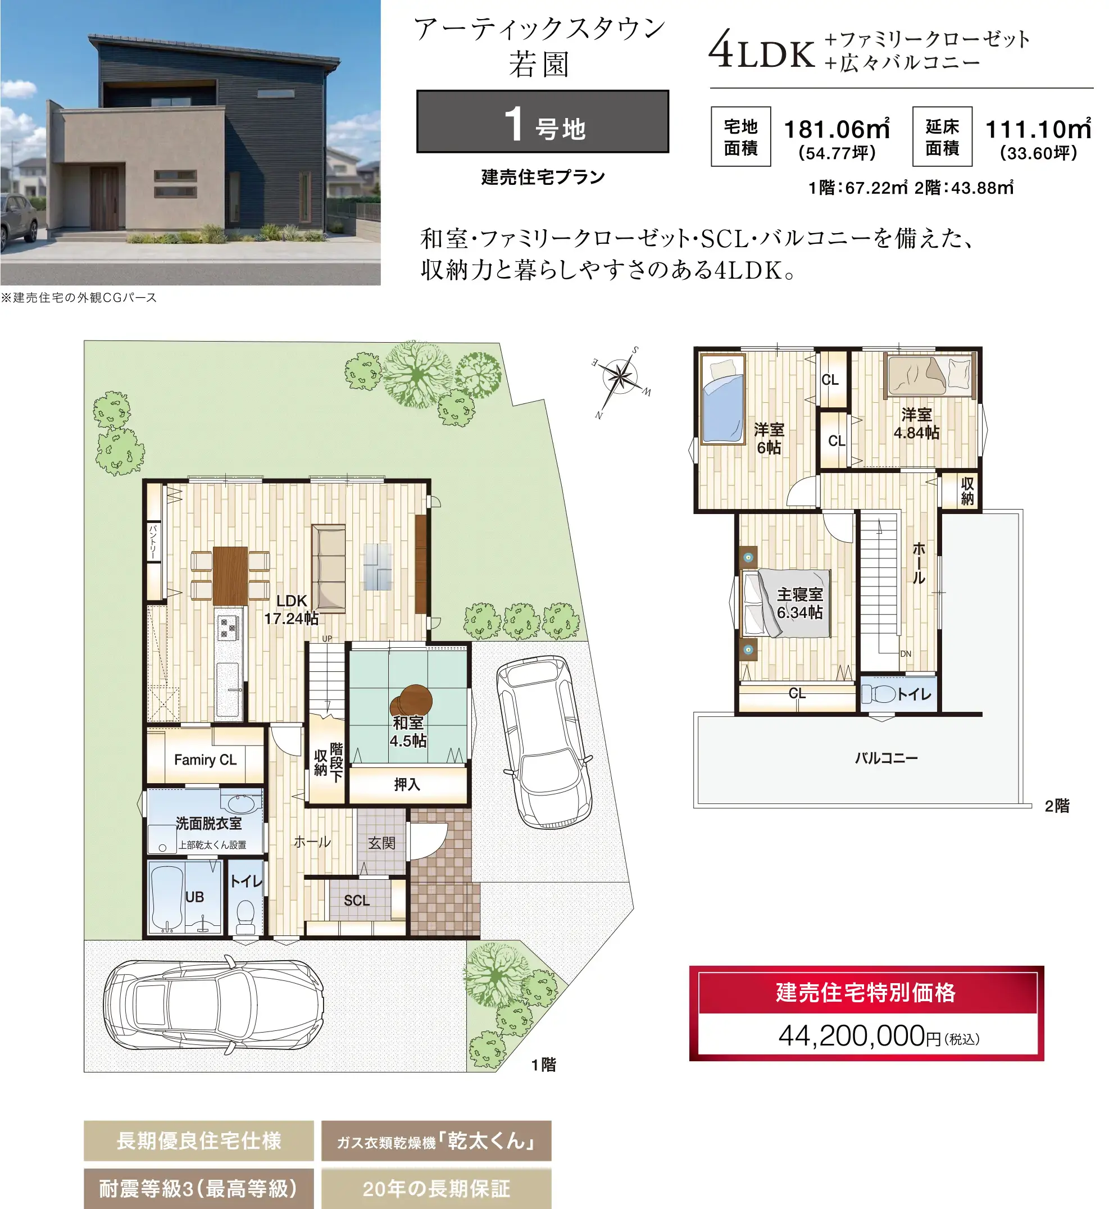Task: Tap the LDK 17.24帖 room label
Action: point(292,610)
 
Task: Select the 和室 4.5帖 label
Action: point(408,732)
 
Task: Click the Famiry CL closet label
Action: point(205,760)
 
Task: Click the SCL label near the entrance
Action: point(356,901)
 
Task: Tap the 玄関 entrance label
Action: point(381,843)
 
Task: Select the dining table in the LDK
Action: point(230,575)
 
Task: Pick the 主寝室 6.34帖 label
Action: point(800,603)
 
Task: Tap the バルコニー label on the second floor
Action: point(887,758)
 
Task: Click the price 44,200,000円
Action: point(879,1036)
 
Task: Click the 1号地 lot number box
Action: point(543,122)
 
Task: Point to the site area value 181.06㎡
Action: point(837,129)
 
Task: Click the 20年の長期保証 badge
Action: point(437,1188)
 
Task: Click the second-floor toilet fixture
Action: point(879,694)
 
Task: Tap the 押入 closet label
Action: point(407,784)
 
